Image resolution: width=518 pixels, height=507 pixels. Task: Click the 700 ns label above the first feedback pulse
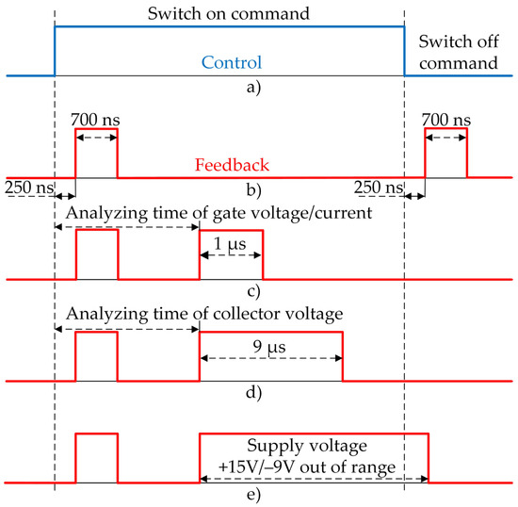[x=96, y=120]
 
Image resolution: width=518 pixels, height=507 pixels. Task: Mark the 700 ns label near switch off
[x=446, y=120]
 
